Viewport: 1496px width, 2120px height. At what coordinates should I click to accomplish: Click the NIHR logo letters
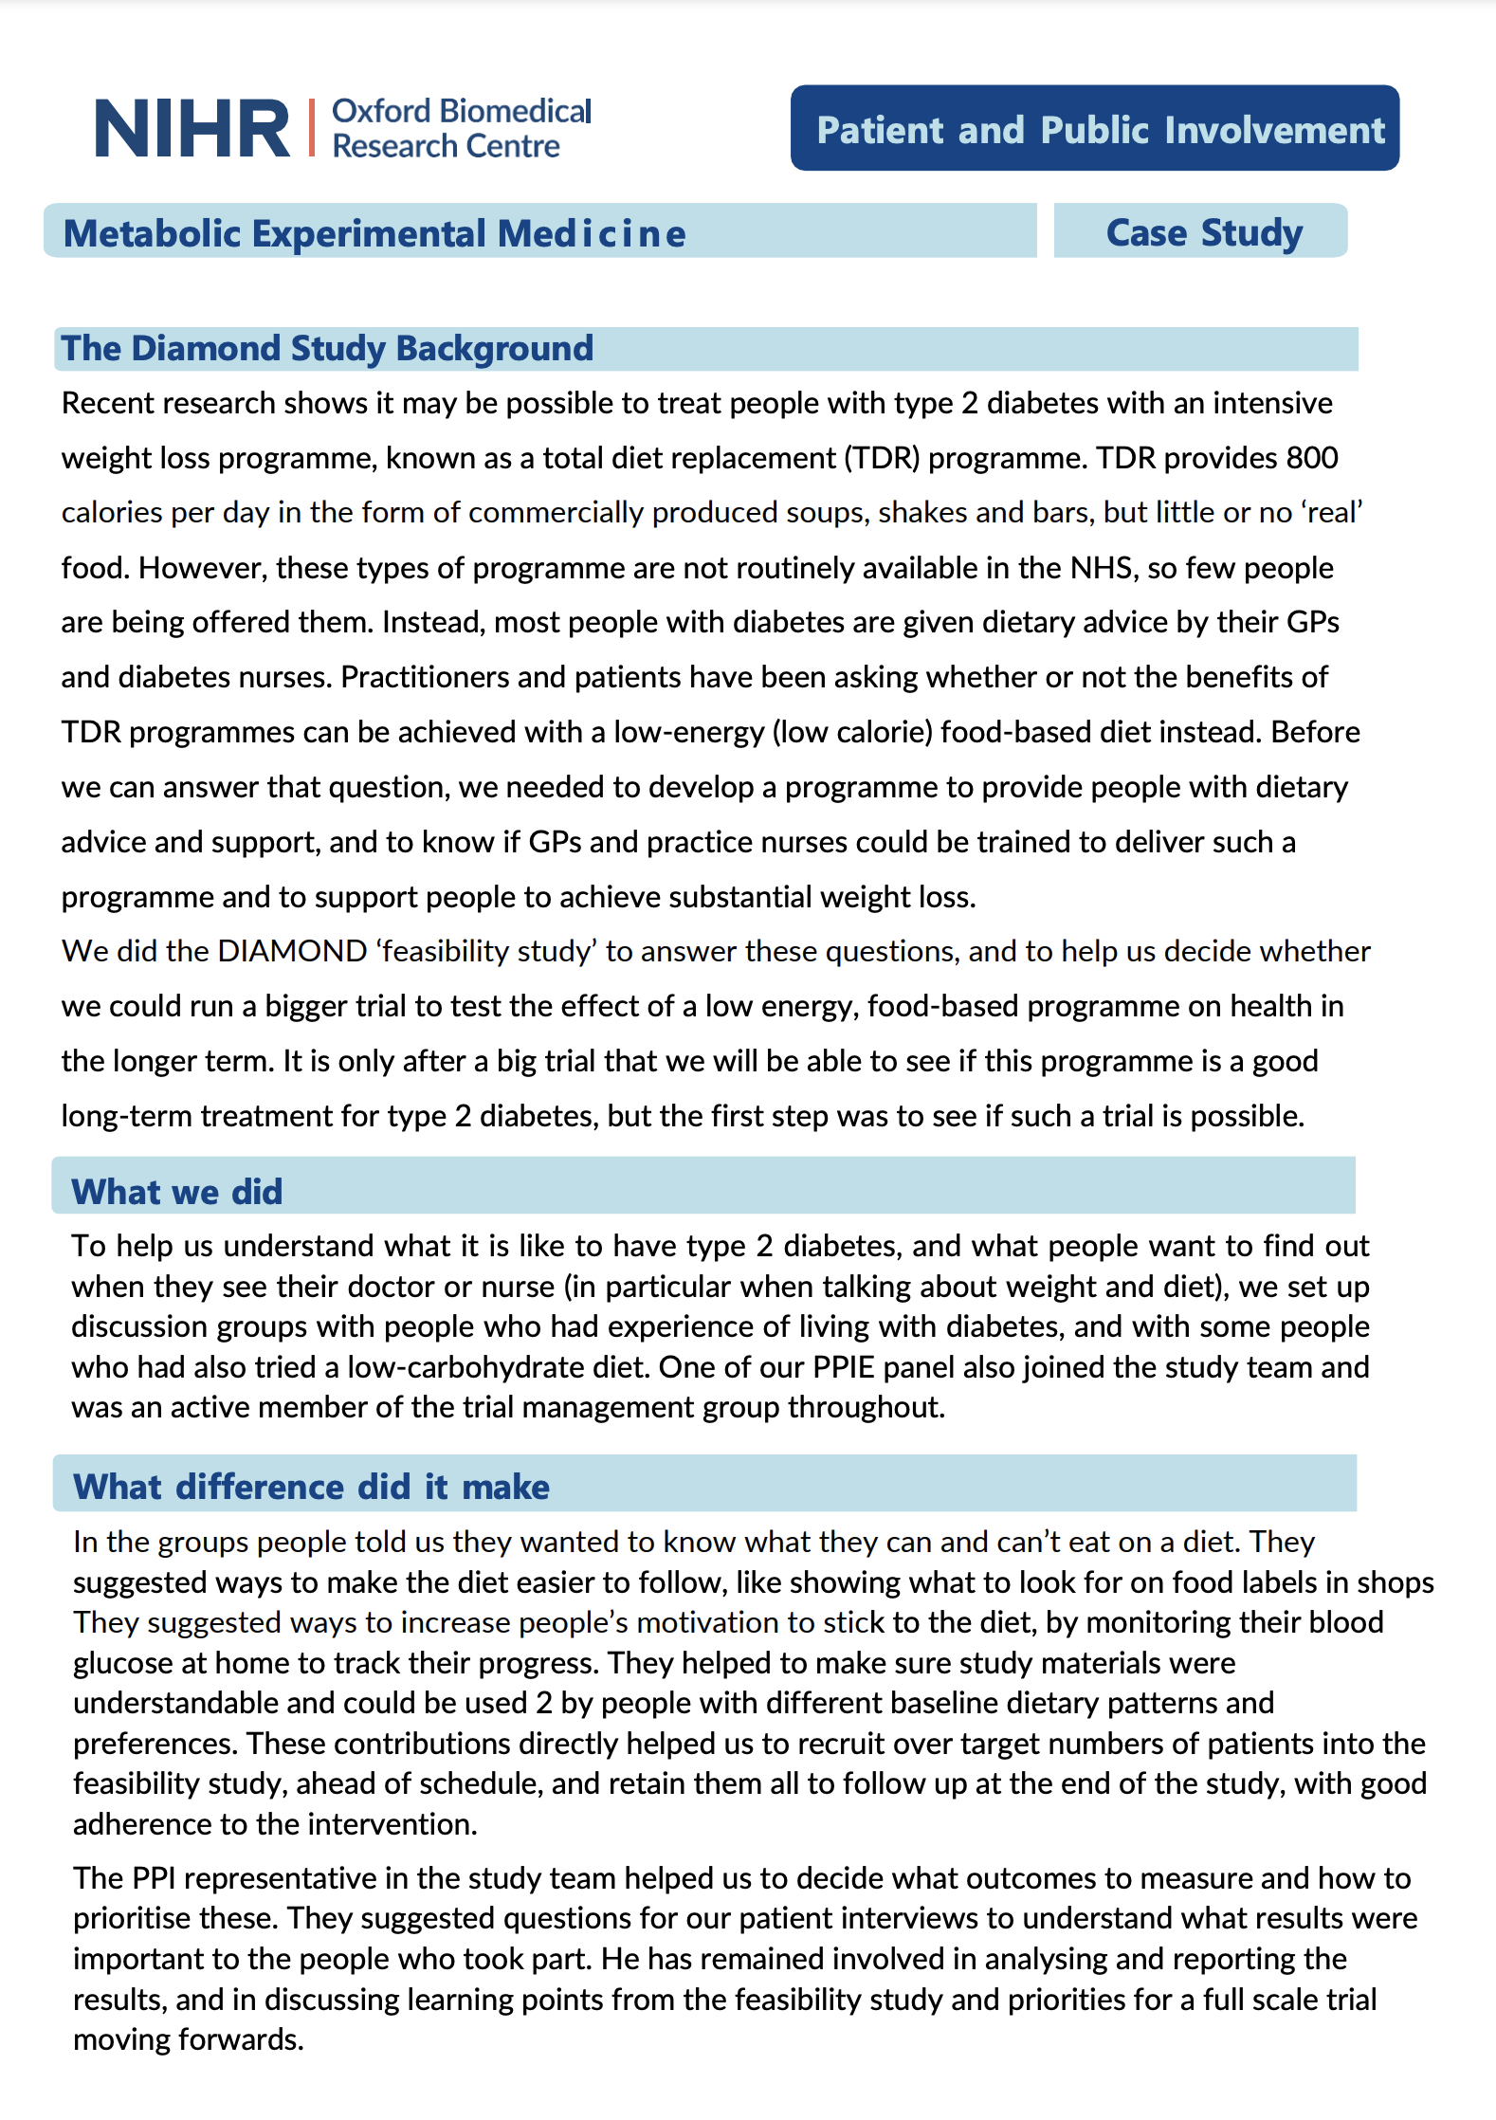point(192,129)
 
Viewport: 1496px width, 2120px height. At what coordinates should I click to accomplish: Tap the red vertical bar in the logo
point(311,127)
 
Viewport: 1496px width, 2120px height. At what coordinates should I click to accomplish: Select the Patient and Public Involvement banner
point(1094,129)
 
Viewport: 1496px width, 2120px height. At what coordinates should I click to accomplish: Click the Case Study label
point(1203,232)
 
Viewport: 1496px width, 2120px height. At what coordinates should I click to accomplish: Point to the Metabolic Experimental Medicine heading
point(374,233)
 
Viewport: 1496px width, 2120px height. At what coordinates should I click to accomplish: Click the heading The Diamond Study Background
point(327,348)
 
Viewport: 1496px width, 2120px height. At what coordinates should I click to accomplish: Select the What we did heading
point(177,1192)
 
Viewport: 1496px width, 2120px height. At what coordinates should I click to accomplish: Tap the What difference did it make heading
point(311,1487)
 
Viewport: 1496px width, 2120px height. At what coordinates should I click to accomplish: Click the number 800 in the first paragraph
point(1311,458)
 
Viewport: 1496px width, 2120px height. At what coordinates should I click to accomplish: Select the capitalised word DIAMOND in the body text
point(292,951)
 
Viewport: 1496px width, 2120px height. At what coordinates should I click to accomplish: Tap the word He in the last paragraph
point(621,1959)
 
